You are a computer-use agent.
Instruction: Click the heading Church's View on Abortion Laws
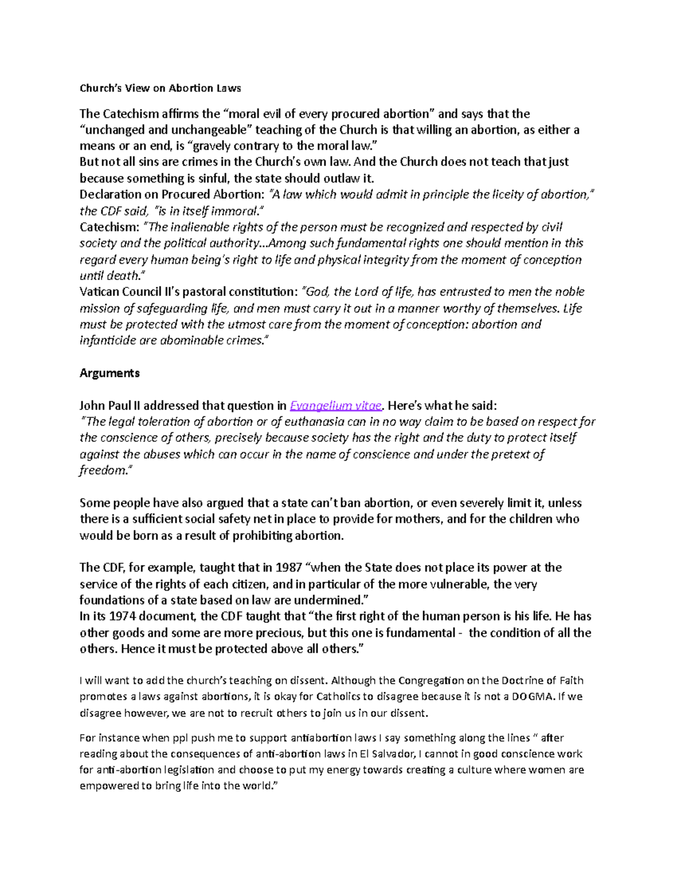(x=160, y=88)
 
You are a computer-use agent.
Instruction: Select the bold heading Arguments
(x=109, y=373)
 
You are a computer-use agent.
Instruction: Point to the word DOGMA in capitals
(x=533, y=697)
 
